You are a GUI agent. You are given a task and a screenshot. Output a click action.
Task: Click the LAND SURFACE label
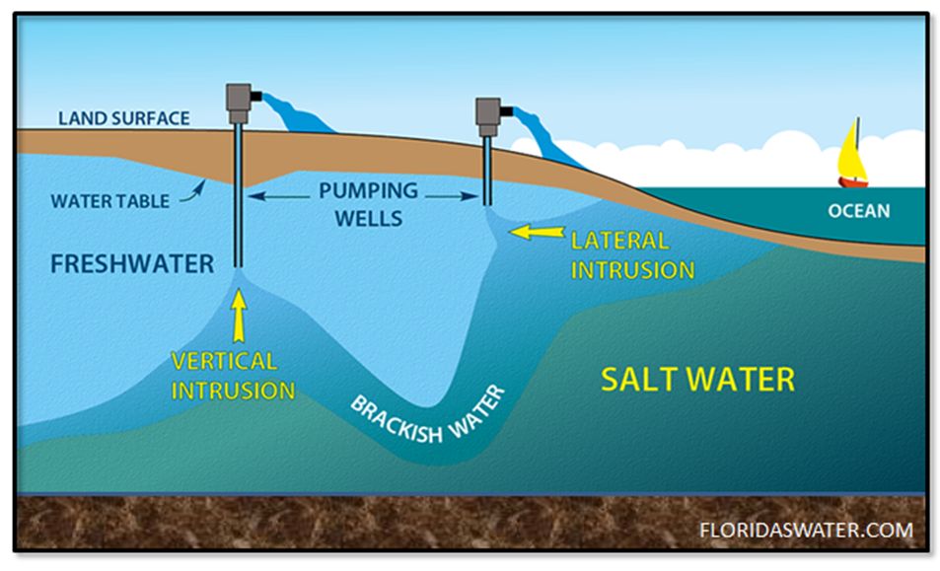[x=123, y=118]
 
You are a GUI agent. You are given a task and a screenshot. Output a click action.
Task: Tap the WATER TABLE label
[x=108, y=200]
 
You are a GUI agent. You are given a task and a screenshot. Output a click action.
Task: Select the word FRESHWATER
[x=131, y=264]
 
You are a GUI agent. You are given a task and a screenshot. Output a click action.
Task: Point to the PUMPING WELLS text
[x=367, y=203]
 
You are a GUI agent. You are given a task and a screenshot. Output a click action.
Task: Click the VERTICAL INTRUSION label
[x=233, y=376]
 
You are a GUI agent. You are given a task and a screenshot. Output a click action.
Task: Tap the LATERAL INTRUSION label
[x=632, y=255]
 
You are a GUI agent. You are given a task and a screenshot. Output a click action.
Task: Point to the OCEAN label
[x=858, y=211]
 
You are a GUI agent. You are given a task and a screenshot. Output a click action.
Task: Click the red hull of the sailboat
[x=853, y=181]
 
